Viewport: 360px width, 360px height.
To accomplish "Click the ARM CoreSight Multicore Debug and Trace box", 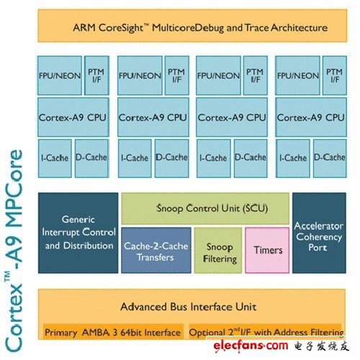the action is pos(192,26).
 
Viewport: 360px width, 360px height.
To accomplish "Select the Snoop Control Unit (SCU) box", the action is pos(205,208).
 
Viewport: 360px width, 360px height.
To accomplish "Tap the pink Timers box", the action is pos(267,251).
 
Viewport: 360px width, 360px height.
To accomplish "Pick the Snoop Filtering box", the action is pos(218,251).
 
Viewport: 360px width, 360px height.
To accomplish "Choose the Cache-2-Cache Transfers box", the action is pos(156,251).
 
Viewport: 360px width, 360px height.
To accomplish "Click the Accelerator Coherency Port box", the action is pos(319,233).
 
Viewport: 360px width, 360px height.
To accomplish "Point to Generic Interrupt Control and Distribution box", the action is pos(78,233).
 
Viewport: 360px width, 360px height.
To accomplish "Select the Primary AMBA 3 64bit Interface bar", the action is pos(113,332).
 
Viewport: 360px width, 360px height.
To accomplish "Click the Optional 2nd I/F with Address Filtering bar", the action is pos(265,332).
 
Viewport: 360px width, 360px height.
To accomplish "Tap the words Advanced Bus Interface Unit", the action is pos(189,307).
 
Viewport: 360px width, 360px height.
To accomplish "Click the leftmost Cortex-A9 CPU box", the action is pos(73,117).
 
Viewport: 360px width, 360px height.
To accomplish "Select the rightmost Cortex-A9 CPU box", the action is pos(311,117).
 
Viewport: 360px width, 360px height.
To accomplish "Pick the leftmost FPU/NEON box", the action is pos(60,76).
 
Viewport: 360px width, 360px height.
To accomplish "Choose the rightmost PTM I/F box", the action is pos(335,76).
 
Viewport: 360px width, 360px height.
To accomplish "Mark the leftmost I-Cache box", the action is pos(55,158).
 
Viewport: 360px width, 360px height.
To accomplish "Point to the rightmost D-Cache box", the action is pos(330,158).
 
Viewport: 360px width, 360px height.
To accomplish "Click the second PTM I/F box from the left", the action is pos(177,76).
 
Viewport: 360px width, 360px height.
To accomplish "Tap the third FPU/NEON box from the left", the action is pos(218,76).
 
